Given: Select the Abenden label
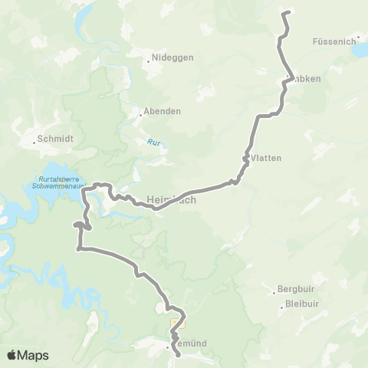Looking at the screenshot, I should point(163,110).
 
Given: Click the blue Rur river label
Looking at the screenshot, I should point(153,142).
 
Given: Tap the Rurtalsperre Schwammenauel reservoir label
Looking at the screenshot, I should point(54,182).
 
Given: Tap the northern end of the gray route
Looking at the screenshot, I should point(286,13).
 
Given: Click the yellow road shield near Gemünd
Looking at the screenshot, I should point(176,323).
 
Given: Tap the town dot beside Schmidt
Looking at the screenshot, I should point(34,141).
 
